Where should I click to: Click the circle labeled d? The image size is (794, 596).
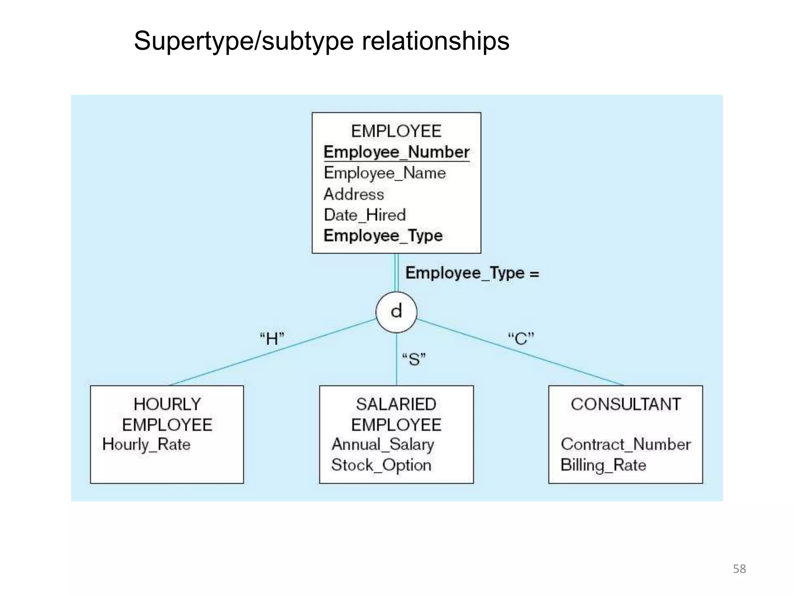[396, 312]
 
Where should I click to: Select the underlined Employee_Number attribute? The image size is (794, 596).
[396, 152]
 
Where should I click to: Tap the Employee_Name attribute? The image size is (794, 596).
[385, 173]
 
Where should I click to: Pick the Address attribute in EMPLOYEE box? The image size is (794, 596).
[354, 194]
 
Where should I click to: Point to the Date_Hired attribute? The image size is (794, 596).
[364, 215]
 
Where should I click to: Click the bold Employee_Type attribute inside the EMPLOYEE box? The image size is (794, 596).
[383, 236]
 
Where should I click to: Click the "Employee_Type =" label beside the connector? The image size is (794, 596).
[472, 273]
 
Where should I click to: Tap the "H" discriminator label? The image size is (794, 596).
[272, 339]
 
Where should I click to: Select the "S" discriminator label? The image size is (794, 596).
[414, 359]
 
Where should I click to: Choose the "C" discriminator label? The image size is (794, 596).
[521, 339]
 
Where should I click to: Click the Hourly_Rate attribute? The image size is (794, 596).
[146, 445]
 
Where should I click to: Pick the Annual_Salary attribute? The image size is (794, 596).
[383, 445]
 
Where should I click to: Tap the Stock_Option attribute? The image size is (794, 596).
[381, 465]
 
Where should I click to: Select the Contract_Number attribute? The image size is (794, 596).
[625, 445]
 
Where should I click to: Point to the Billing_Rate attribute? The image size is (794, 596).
[603, 465]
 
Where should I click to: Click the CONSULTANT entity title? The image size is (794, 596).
[625, 404]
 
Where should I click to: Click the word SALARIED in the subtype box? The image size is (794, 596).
[396, 404]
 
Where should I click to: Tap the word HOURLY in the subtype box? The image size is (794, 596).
[167, 404]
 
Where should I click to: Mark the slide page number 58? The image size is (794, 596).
[739, 569]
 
